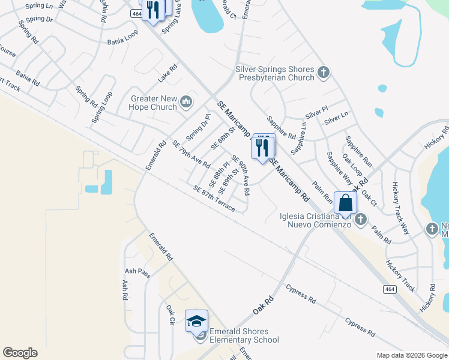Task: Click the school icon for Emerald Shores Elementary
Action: [x=196, y=322]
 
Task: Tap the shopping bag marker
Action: [x=345, y=203]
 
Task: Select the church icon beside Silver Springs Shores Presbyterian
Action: [x=324, y=73]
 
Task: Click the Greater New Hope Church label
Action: [x=153, y=103]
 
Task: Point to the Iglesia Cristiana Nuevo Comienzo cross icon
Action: [x=361, y=220]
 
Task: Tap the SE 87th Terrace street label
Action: [x=214, y=197]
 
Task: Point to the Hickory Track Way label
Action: [x=400, y=208]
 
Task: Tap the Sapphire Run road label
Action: [x=358, y=151]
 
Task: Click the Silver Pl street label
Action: [x=316, y=112]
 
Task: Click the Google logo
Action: [x=20, y=353]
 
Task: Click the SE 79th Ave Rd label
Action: [x=191, y=154]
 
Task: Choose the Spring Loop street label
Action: [x=101, y=107]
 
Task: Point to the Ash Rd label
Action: [x=125, y=290]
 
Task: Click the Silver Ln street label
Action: [x=336, y=118]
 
